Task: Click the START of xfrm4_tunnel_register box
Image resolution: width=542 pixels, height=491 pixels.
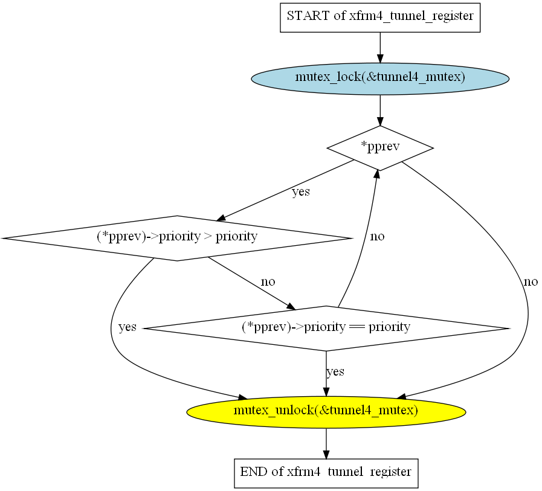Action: click(x=380, y=18)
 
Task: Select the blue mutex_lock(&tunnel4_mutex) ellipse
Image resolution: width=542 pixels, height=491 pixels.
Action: click(x=380, y=79)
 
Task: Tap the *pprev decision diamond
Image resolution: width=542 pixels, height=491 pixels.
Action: click(x=380, y=148)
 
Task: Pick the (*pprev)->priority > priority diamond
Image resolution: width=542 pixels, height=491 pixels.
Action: click(x=177, y=238)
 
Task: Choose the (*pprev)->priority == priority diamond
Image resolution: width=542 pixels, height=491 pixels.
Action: click(x=326, y=329)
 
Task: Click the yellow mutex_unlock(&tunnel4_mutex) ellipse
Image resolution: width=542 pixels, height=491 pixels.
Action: click(x=326, y=412)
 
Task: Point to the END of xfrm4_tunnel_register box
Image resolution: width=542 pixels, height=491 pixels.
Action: click(x=326, y=473)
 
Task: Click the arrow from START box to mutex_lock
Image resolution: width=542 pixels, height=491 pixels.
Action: click(x=380, y=48)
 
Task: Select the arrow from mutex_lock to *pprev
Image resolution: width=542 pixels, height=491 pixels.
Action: click(x=380, y=111)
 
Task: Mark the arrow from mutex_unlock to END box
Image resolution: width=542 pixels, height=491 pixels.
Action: click(x=326, y=443)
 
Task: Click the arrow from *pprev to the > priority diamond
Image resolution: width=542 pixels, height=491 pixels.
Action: click(x=285, y=190)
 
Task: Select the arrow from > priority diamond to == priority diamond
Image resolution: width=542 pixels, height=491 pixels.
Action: click(x=251, y=283)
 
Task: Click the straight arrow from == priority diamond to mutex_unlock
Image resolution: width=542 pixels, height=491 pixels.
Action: click(x=326, y=373)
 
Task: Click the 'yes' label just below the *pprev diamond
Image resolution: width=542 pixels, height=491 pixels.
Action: click(x=301, y=191)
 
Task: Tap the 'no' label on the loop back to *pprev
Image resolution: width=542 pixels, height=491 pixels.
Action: click(x=377, y=236)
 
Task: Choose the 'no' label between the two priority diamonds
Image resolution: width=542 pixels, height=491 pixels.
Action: click(x=268, y=281)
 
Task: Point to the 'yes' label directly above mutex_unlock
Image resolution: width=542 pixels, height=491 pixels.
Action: click(x=335, y=372)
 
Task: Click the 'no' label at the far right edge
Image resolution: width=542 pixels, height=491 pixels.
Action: click(x=531, y=281)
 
